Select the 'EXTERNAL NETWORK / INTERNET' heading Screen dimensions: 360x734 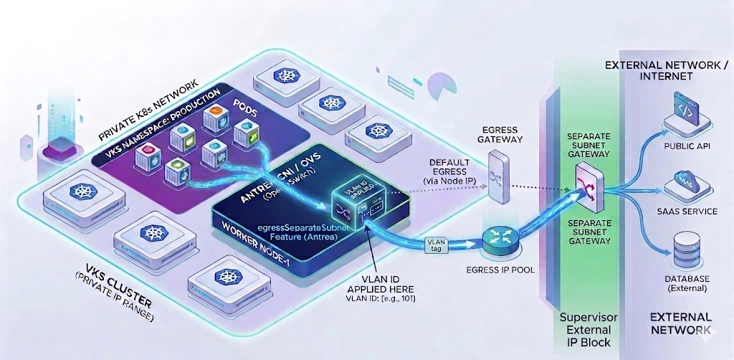[x=667, y=70]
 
